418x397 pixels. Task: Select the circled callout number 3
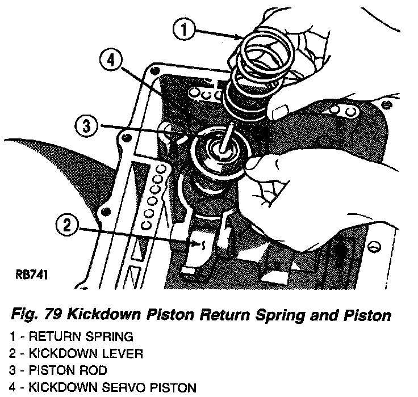coord(86,126)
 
